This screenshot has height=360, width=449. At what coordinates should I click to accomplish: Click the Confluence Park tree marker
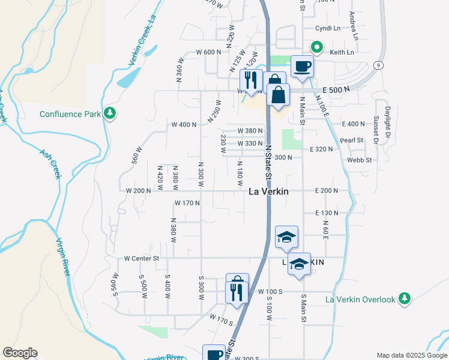(x=109, y=113)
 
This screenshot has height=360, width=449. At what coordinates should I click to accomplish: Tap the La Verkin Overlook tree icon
(x=405, y=299)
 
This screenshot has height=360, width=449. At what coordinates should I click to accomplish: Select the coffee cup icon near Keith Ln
(x=302, y=66)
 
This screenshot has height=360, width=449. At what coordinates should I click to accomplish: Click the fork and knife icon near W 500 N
(x=251, y=80)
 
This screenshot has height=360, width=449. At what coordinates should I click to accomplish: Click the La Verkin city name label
(x=268, y=191)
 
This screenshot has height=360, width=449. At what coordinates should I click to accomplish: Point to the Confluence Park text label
(x=70, y=114)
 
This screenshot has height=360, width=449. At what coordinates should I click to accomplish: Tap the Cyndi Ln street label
(x=328, y=28)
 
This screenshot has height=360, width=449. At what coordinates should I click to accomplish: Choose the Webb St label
(x=360, y=160)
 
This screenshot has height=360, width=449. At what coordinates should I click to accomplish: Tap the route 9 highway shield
(x=378, y=64)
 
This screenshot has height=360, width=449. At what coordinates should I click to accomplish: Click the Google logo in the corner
(x=20, y=353)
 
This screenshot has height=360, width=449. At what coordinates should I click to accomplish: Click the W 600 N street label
(x=209, y=52)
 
